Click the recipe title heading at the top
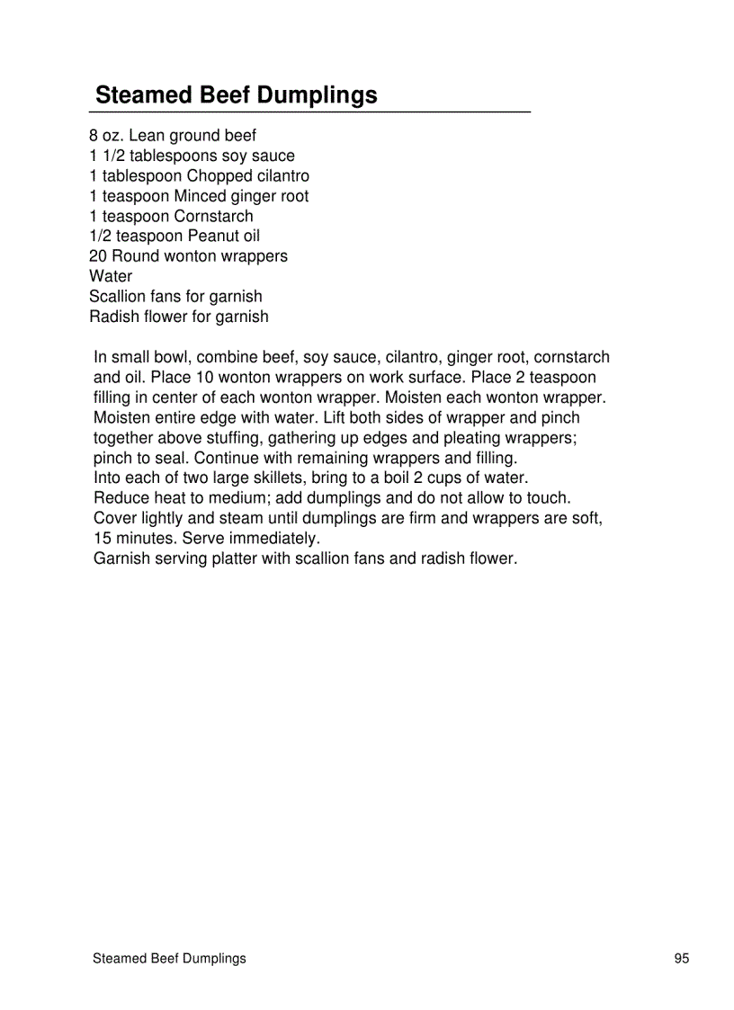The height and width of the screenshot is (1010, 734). pos(236,95)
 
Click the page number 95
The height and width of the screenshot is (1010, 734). pos(681,959)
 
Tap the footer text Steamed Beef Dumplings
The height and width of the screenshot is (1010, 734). pos(169,959)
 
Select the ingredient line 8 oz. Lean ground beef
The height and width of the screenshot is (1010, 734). pos(173,136)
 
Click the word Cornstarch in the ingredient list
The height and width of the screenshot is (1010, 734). pos(214,216)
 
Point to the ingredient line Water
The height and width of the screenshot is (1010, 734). pos(111,276)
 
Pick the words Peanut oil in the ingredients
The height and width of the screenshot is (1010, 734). pos(224,237)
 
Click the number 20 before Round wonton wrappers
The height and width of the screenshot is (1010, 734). pos(98,256)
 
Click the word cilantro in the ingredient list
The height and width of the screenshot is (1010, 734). pos(278,176)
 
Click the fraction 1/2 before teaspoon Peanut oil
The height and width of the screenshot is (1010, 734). pos(101,237)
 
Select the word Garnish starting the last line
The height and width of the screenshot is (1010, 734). pos(123,559)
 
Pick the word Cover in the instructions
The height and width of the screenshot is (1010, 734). pos(114,518)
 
